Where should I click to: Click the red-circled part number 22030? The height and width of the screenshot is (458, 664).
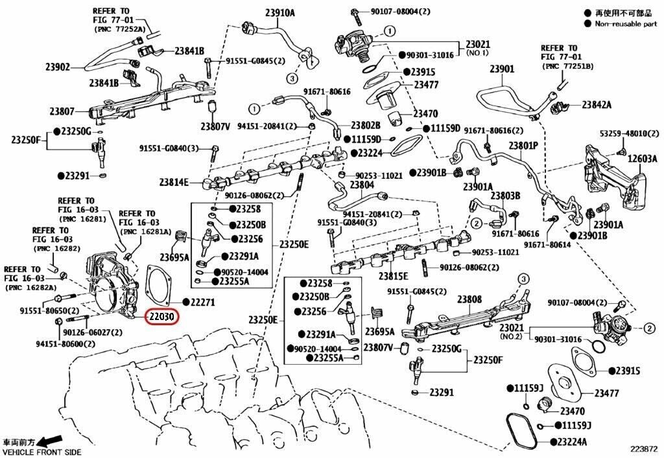click(x=162, y=318)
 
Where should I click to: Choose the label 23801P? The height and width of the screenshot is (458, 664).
click(x=523, y=146)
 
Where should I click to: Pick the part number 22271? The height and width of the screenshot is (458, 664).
click(x=202, y=302)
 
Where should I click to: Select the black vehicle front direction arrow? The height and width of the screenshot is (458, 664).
click(x=51, y=441)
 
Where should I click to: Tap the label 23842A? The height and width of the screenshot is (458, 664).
click(x=597, y=104)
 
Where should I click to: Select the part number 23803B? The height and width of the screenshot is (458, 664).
click(x=505, y=195)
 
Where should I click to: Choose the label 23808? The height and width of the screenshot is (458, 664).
click(x=469, y=299)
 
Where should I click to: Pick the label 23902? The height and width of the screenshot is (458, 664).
click(x=58, y=66)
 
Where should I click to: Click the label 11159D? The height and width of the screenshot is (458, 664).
click(x=445, y=128)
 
